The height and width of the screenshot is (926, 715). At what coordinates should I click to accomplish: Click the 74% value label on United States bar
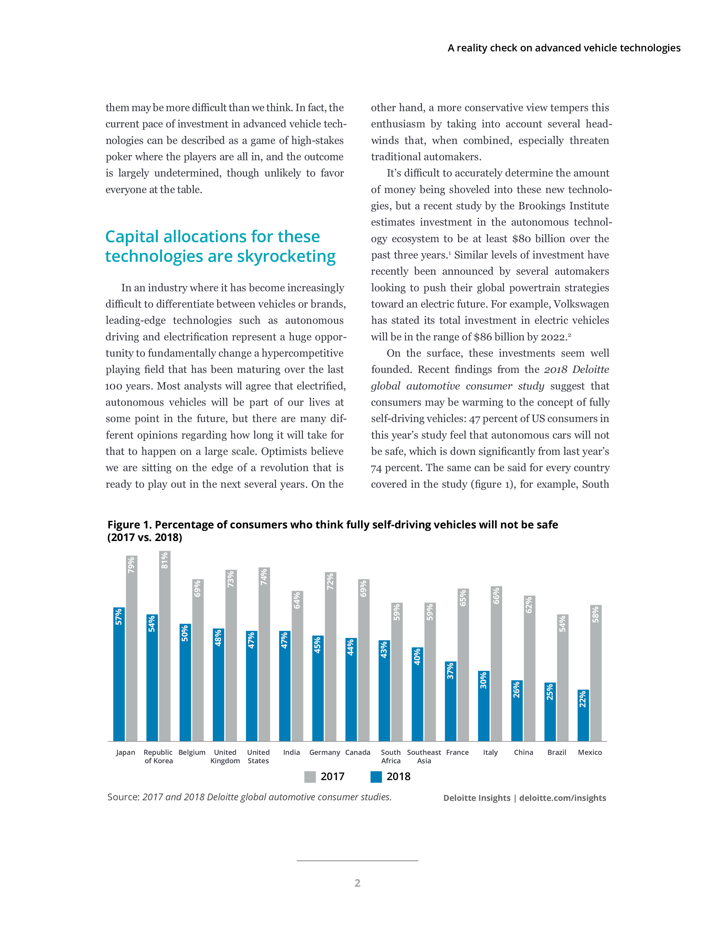264,577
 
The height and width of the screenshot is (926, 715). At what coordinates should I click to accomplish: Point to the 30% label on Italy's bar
483,680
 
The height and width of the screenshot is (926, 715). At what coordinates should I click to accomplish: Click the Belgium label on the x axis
192,752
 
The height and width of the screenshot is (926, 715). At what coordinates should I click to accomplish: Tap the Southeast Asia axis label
424,757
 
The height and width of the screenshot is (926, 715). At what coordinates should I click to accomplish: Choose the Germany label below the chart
324,752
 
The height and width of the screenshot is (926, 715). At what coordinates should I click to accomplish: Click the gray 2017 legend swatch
310,777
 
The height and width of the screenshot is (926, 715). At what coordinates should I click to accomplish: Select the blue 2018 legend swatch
376,777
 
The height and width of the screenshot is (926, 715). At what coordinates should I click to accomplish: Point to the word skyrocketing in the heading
286,256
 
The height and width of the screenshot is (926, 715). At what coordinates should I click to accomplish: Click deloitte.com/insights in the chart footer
562,798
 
